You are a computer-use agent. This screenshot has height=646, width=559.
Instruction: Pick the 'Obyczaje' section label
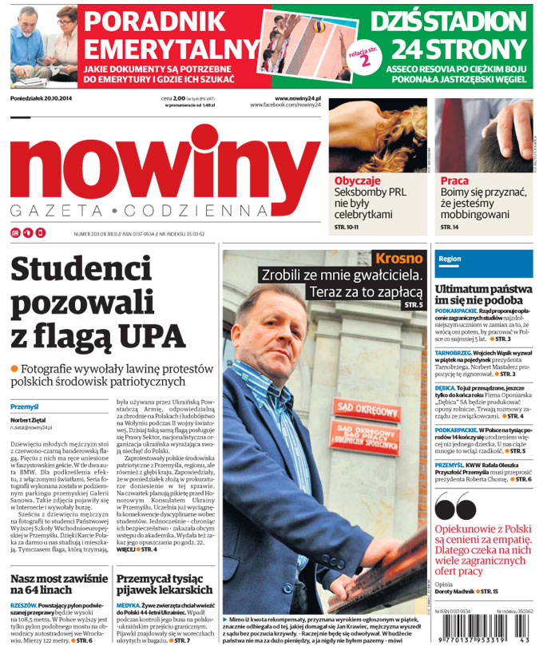(x=357, y=181)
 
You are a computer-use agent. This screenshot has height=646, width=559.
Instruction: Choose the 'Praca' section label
(x=454, y=181)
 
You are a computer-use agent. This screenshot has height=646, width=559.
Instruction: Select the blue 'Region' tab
(x=450, y=260)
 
